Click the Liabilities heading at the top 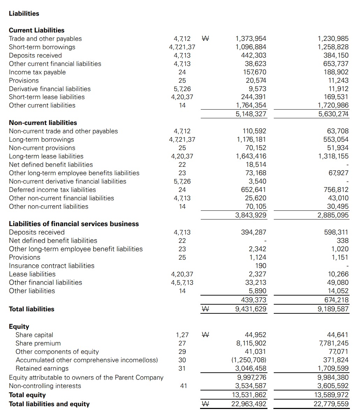click(24, 14)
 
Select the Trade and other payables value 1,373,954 click(251, 39)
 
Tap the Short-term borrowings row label click(42, 47)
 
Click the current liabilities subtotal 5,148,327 click(251, 114)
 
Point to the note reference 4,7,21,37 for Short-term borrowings click(182, 47)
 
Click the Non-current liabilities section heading click(43, 123)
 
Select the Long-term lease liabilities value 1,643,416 click(251, 156)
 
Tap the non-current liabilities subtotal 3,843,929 click(251, 215)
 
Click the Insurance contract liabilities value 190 click(260, 266)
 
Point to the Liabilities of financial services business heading click(74, 224)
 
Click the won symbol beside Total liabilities click(206, 309)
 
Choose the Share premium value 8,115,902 click(251, 343)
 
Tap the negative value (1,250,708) click(251, 360)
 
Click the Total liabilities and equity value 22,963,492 click(249, 404)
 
